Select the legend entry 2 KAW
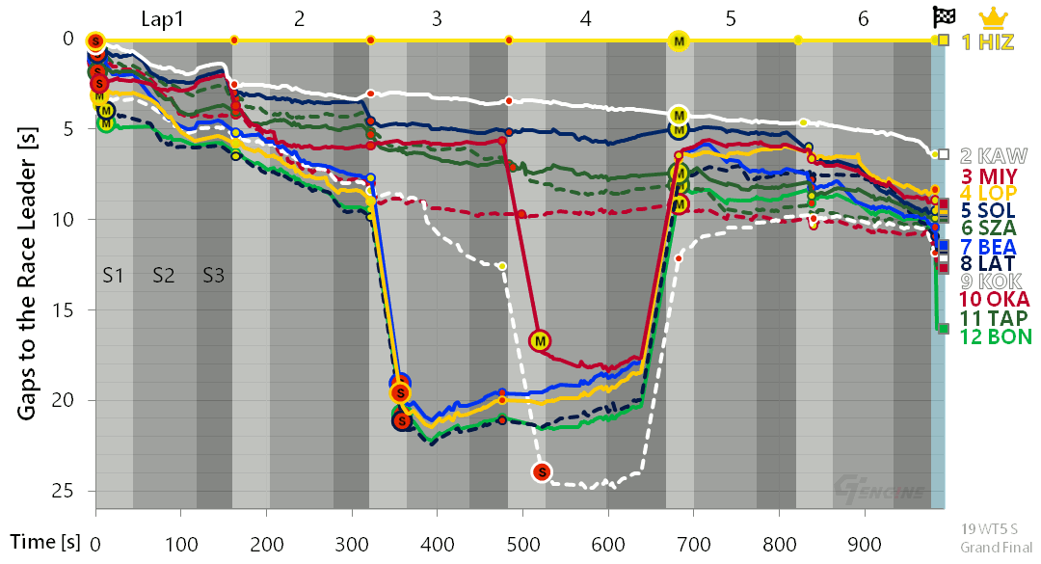[993, 155]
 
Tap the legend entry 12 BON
[996, 336]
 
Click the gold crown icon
[993, 16]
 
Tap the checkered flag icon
[943, 16]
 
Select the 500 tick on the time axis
[522, 543]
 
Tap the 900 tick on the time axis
[864, 543]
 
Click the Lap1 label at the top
[163, 18]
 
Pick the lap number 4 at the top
[586, 18]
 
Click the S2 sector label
[163, 276]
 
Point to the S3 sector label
[213, 276]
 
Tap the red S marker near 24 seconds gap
[542, 471]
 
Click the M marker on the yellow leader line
[679, 40]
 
